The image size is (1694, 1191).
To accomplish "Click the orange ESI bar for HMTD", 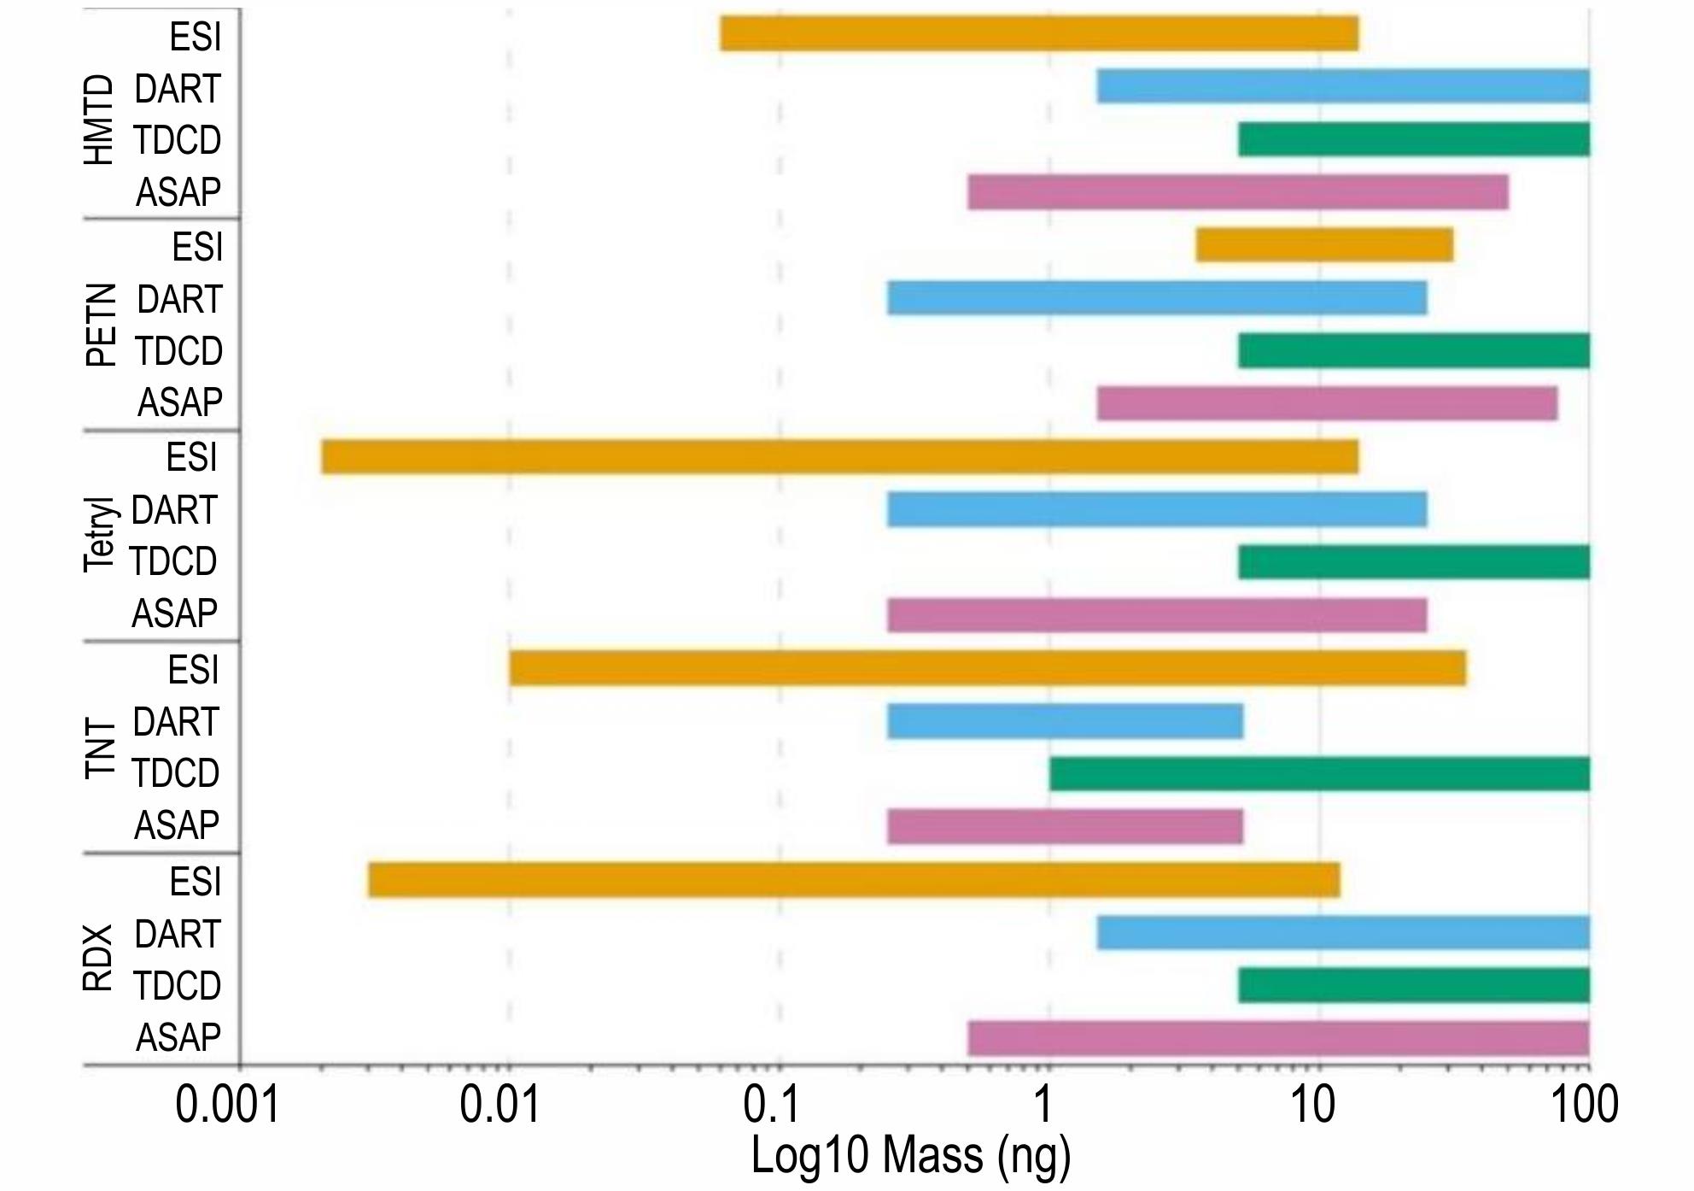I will coord(1038,34).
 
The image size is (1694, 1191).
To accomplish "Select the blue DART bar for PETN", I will coord(1157,298).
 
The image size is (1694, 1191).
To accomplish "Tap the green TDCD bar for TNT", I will coord(1319,774).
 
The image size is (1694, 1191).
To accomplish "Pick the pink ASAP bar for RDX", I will coord(1278,1039).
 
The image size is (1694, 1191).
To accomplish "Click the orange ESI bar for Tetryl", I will coord(839,457).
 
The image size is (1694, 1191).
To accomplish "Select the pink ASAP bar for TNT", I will coord(1065,827).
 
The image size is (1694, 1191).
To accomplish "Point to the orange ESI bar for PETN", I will coord(1324,246).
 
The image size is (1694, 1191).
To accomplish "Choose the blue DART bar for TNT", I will coord(1065,722).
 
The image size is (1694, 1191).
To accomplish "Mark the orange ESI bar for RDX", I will coord(854,881).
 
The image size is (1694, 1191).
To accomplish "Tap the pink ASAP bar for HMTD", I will coord(1238,192).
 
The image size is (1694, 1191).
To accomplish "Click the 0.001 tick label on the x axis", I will coord(227,1106).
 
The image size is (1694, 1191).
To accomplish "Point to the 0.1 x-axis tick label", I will coord(771,1106).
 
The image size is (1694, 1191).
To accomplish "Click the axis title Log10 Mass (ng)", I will coord(910,1155).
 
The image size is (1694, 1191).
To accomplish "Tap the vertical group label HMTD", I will coord(99,120).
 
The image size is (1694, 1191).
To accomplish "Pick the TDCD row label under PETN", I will coord(178,351).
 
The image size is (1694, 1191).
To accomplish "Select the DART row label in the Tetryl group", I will coord(174,510).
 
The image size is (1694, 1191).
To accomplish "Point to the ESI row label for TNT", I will coord(194,670).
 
